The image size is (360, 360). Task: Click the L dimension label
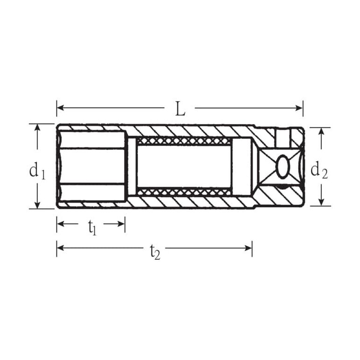[x=180, y=109]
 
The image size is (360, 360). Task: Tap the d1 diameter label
[x=37, y=171]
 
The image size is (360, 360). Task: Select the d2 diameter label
[x=319, y=170]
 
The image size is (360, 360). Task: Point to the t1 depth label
[x=92, y=228]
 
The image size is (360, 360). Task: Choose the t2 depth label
[x=155, y=251]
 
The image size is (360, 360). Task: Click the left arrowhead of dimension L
[x=60, y=108]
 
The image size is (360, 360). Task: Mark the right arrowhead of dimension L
[x=299, y=108]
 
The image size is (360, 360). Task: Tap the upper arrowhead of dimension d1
[x=37, y=128]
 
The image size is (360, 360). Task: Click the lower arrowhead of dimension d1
[x=37, y=205]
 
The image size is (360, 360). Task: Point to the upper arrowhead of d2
[x=322, y=131]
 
